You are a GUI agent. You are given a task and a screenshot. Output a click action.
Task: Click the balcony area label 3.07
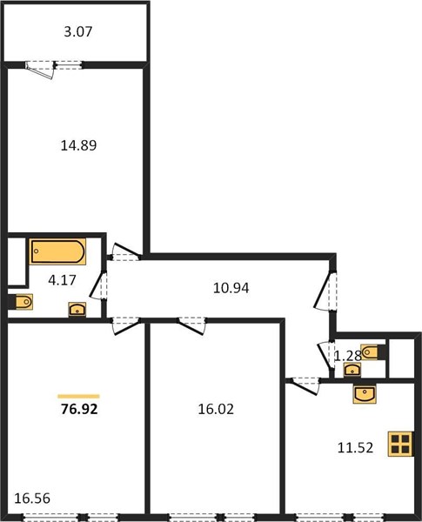coord(78,31)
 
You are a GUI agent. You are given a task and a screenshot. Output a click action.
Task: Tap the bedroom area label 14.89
coord(78,145)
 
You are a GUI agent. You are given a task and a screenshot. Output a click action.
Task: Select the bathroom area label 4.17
coord(62,280)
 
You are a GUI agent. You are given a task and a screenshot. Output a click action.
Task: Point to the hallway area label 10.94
coord(231,288)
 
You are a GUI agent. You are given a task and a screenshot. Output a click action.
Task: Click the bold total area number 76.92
coord(79,409)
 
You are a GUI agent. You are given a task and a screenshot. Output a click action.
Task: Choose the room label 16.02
coord(216,409)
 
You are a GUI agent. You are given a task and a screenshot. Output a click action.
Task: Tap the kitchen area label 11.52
coord(355,448)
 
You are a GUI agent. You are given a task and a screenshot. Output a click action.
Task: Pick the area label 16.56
coord(32,499)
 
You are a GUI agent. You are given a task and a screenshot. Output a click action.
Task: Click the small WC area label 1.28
coord(348,356)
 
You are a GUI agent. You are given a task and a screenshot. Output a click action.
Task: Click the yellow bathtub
coord(57,251)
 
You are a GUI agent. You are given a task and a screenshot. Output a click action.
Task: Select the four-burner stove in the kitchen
coord(400,444)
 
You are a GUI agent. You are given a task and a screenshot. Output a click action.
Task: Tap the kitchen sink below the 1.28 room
coord(365,394)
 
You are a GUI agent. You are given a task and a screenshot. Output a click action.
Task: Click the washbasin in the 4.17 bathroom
coord(77,309)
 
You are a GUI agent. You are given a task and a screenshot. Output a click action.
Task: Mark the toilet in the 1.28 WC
coord(373,352)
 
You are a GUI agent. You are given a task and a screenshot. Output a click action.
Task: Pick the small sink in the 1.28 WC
coord(352,370)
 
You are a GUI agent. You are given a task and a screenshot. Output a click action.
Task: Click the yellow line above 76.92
coord(78,396)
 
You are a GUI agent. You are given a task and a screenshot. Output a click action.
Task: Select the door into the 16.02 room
coord(191,325)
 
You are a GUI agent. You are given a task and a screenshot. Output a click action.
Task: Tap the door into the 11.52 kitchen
coord(304,385)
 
